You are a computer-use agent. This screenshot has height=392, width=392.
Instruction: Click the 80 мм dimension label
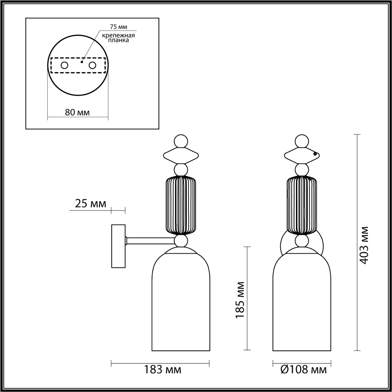[x=77, y=112]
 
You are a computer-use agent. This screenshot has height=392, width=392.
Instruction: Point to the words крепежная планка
[x=118, y=38]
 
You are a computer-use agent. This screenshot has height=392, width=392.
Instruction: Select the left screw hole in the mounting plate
[x=64, y=65]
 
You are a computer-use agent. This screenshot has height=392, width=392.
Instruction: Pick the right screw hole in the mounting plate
[x=93, y=65]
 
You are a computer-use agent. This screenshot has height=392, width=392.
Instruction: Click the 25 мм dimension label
[x=89, y=203]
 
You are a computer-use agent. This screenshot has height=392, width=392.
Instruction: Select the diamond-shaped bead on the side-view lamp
[x=181, y=155]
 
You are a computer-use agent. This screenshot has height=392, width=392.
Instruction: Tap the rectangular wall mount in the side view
[x=118, y=246]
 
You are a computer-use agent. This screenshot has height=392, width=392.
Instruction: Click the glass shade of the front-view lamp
[x=301, y=302]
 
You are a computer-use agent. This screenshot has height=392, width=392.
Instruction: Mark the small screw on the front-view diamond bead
[x=315, y=154]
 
